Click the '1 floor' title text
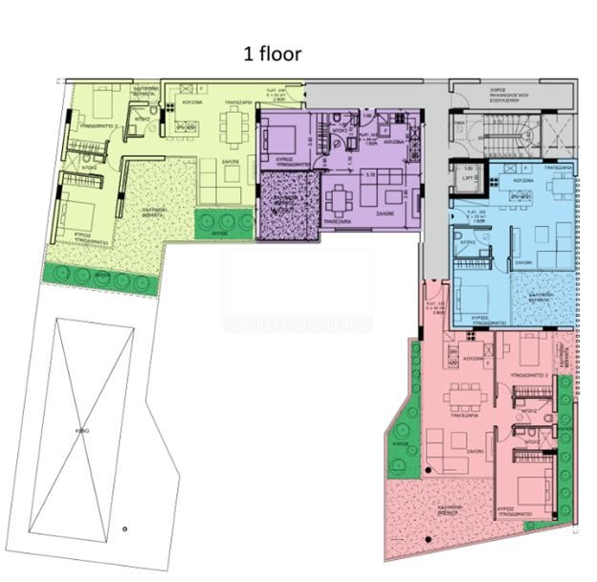274,54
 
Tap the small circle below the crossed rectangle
124,527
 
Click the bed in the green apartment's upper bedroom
101,103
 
